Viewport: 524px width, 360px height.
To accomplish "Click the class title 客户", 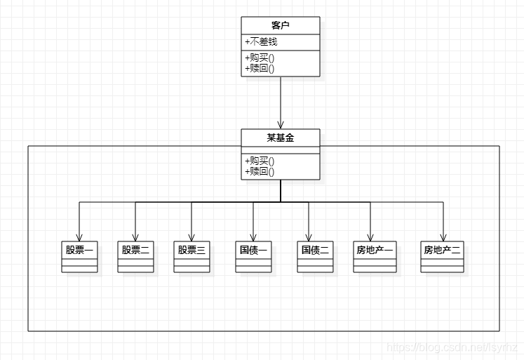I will click(x=281, y=25).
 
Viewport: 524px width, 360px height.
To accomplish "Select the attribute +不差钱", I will click(x=261, y=42).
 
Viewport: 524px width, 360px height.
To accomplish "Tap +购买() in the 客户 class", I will click(x=260, y=58).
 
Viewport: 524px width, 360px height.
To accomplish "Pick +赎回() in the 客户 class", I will click(x=260, y=68).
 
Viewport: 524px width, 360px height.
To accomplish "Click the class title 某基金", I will click(x=281, y=138).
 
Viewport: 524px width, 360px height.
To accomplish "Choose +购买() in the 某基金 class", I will click(x=260, y=161).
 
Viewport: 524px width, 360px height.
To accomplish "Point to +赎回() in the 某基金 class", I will click(x=260, y=171).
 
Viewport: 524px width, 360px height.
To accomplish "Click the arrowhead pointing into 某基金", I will click(x=281, y=124).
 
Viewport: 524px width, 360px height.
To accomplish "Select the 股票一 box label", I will click(x=79, y=249).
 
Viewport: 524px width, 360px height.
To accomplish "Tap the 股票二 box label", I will click(x=135, y=249).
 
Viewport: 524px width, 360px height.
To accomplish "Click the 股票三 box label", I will click(x=192, y=249).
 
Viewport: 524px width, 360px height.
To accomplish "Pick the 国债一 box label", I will click(x=253, y=249).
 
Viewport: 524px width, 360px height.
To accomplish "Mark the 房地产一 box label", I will click(x=375, y=249).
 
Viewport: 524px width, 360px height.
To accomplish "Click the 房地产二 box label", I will click(x=443, y=249).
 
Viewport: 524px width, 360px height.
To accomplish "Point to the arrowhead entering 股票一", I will click(x=79, y=236).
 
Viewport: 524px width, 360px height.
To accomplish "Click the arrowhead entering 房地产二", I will click(x=443, y=236).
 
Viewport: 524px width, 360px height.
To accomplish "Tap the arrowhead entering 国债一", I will click(x=253, y=236).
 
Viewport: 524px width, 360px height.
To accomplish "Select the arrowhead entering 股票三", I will click(x=192, y=236).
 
